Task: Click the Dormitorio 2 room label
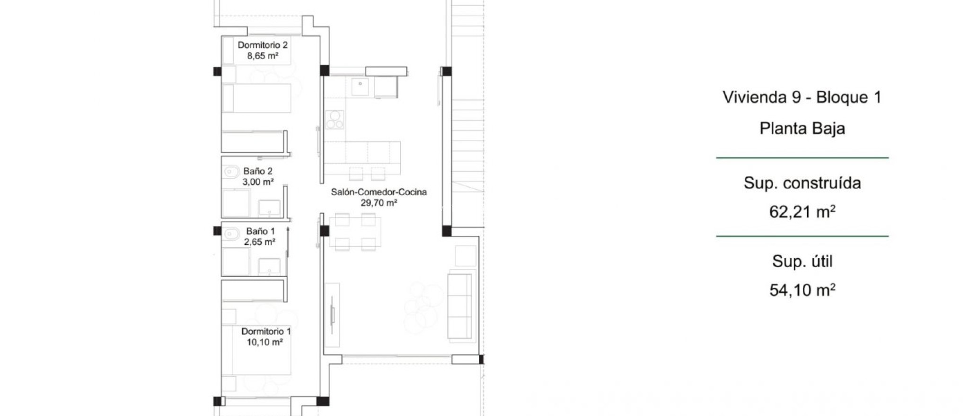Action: [x=263, y=45]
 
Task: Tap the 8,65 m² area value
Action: [x=263, y=56]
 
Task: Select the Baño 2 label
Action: [x=258, y=171]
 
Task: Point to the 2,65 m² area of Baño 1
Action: [x=260, y=242]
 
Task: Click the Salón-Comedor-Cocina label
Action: [x=379, y=192]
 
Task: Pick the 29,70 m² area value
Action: [x=379, y=203]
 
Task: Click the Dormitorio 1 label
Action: [x=266, y=331]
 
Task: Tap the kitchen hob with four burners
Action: [x=335, y=120]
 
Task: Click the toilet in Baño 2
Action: [x=231, y=171]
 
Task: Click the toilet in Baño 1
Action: [x=231, y=234]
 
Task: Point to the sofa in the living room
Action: [x=460, y=305]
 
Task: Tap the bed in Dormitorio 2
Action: [x=257, y=98]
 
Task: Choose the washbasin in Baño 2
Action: [x=270, y=208]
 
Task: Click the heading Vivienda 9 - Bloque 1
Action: [x=802, y=97]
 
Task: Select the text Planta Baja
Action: [x=802, y=129]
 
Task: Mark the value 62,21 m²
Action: [x=802, y=212]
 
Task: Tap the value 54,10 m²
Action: [x=802, y=290]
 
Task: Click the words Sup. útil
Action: [x=802, y=261]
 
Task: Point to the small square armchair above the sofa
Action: [x=466, y=256]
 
